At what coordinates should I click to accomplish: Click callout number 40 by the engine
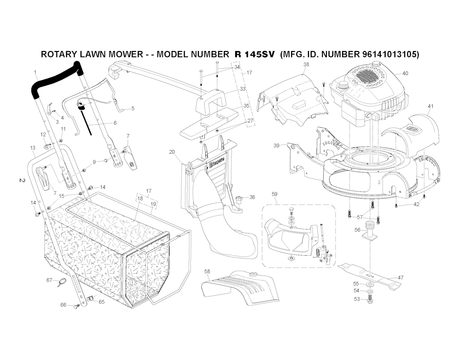pyautogui.click(x=405, y=73)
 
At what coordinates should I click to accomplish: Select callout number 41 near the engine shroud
pyautogui.click(x=430, y=106)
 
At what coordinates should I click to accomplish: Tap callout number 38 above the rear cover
pyautogui.click(x=306, y=65)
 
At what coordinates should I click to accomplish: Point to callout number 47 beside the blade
pyautogui.click(x=401, y=278)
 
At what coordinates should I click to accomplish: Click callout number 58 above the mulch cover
pyautogui.click(x=207, y=271)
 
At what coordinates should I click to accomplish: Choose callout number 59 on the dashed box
pyautogui.click(x=274, y=194)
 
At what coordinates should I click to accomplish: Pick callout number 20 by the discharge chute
pyautogui.click(x=172, y=152)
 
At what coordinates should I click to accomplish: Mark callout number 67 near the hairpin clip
pyautogui.click(x=49, y=281)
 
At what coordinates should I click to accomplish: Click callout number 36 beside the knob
pyautogui.click(x=252, y=197)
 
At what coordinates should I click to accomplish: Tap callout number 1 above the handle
pyautogui.click(x=35, y=72)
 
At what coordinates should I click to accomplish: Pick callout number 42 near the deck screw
pyautogui.click(x=416, y=204)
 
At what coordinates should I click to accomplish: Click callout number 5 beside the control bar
pyautogui.click(x=133, y=108)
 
